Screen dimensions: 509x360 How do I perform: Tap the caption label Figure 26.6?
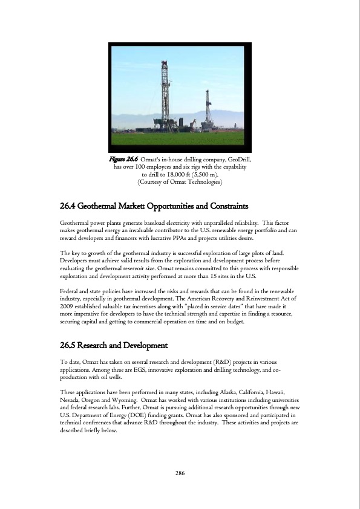pos(122,159)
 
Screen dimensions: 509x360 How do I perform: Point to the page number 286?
pos(180,473)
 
